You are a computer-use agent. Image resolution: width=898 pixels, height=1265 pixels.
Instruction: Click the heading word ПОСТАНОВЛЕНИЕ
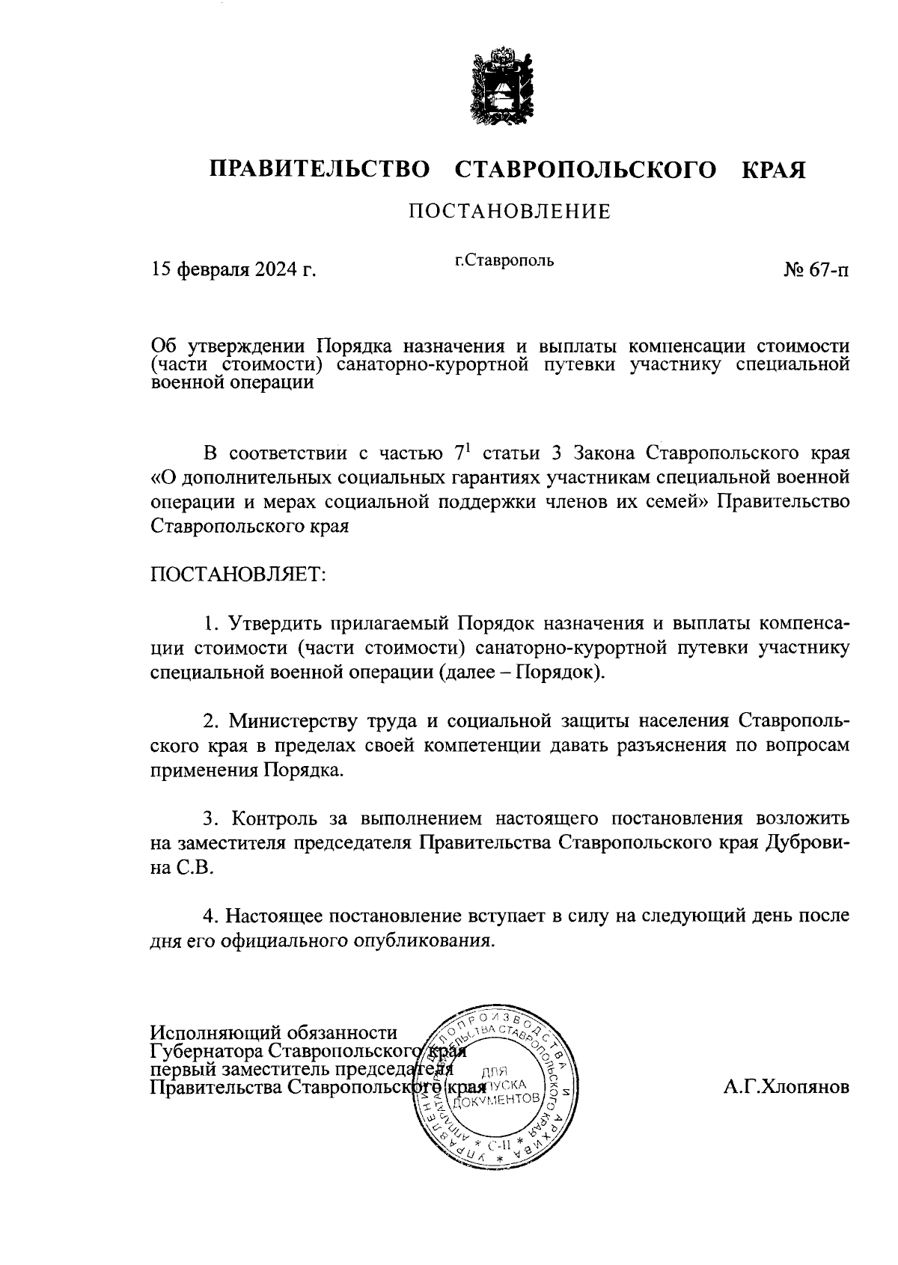pyautogui.click(x=509, y=212)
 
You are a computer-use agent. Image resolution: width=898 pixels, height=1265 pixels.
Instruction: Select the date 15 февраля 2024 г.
pyautogui.click(x=234, y=269)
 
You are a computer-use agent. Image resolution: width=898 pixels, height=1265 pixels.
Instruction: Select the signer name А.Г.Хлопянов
pyautogui.click(x=786, y=1088)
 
